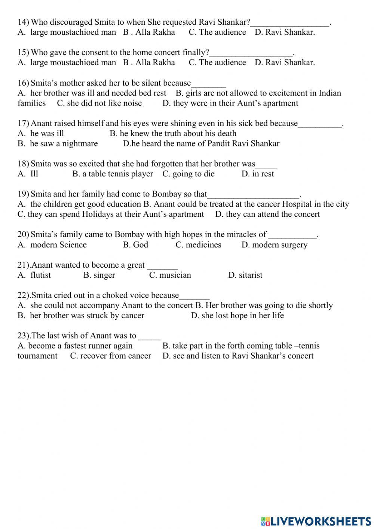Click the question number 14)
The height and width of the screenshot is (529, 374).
[23, 22]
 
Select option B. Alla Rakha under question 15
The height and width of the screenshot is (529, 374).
[149, 63]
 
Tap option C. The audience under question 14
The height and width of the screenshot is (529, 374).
[217, 32]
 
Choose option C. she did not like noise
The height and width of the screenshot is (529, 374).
[99, 103]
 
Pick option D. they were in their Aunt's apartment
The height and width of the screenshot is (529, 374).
[230, 103]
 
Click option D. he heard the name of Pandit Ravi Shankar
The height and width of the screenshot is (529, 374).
[201, 144]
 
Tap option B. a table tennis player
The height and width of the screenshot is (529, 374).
[113, 174]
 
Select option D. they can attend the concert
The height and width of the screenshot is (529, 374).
[268, 215]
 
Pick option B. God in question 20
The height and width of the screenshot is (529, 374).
[135, 245]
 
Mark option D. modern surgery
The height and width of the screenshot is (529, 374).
[274, 245]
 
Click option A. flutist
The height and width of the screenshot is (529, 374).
[34, 275]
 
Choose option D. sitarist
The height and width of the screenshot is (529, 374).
[245, 275]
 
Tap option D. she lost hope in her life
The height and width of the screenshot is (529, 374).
[237, 316]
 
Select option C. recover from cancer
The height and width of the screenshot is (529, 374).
[111, 356]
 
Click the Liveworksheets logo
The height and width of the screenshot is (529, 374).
[316, 521]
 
